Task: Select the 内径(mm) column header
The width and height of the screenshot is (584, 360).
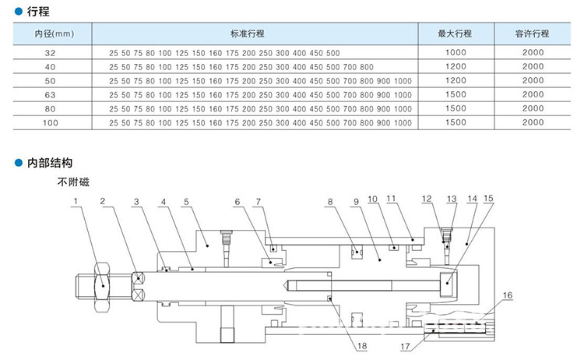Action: tap(54, 34)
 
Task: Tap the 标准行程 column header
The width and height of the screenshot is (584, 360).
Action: tap(248, 34)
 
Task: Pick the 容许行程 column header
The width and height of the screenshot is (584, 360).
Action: tap(533, 34)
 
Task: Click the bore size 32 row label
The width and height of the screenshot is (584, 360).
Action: tap(51, 53)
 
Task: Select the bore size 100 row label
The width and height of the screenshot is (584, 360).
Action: tap(51, 123)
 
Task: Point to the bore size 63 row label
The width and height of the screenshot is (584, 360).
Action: tap(51, 95)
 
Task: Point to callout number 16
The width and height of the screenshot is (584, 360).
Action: tap(508, 296)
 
